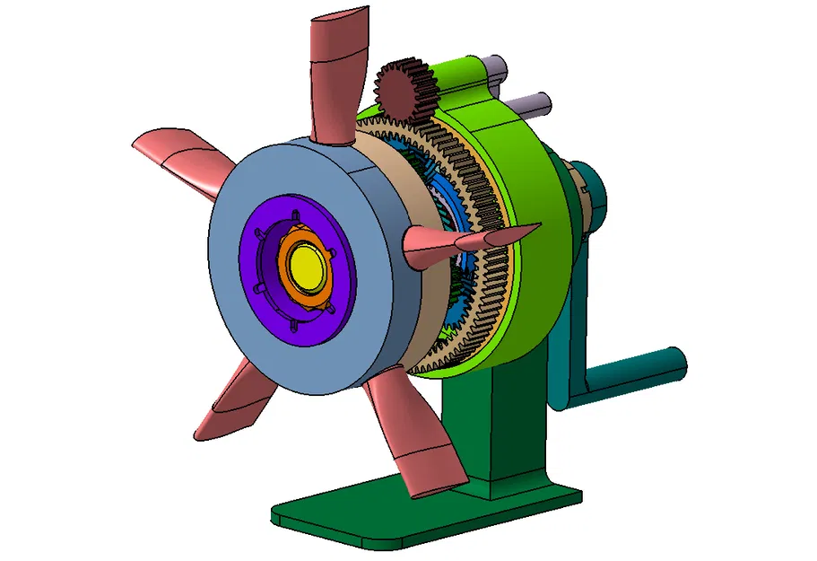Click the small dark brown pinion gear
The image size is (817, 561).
click(404, 90)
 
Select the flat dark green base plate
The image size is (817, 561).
click(404, 516)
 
